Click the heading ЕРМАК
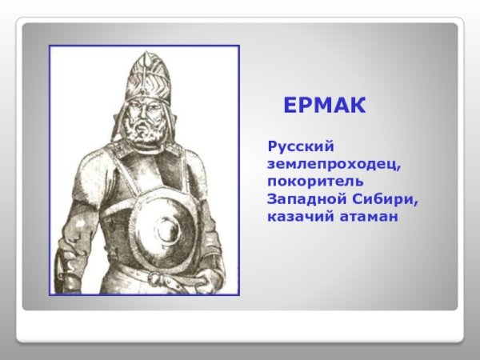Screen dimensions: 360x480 pyautogui.click(x=324, y=106)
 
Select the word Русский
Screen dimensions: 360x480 pyautogui.click(x=300, y=148)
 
